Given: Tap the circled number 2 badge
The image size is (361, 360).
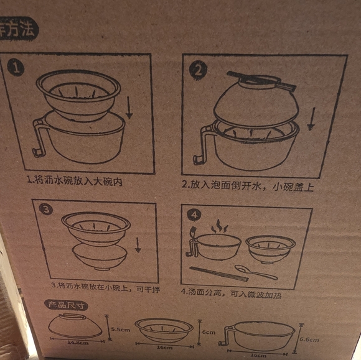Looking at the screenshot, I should pos(197,70).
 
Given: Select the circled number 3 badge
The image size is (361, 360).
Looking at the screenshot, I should pos(45,210).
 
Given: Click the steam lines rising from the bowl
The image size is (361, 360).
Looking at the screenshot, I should pos(218,228).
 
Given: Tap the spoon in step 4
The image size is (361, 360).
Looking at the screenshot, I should pos(255,272).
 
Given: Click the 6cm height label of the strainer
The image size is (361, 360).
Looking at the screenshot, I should pos(209,333).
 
